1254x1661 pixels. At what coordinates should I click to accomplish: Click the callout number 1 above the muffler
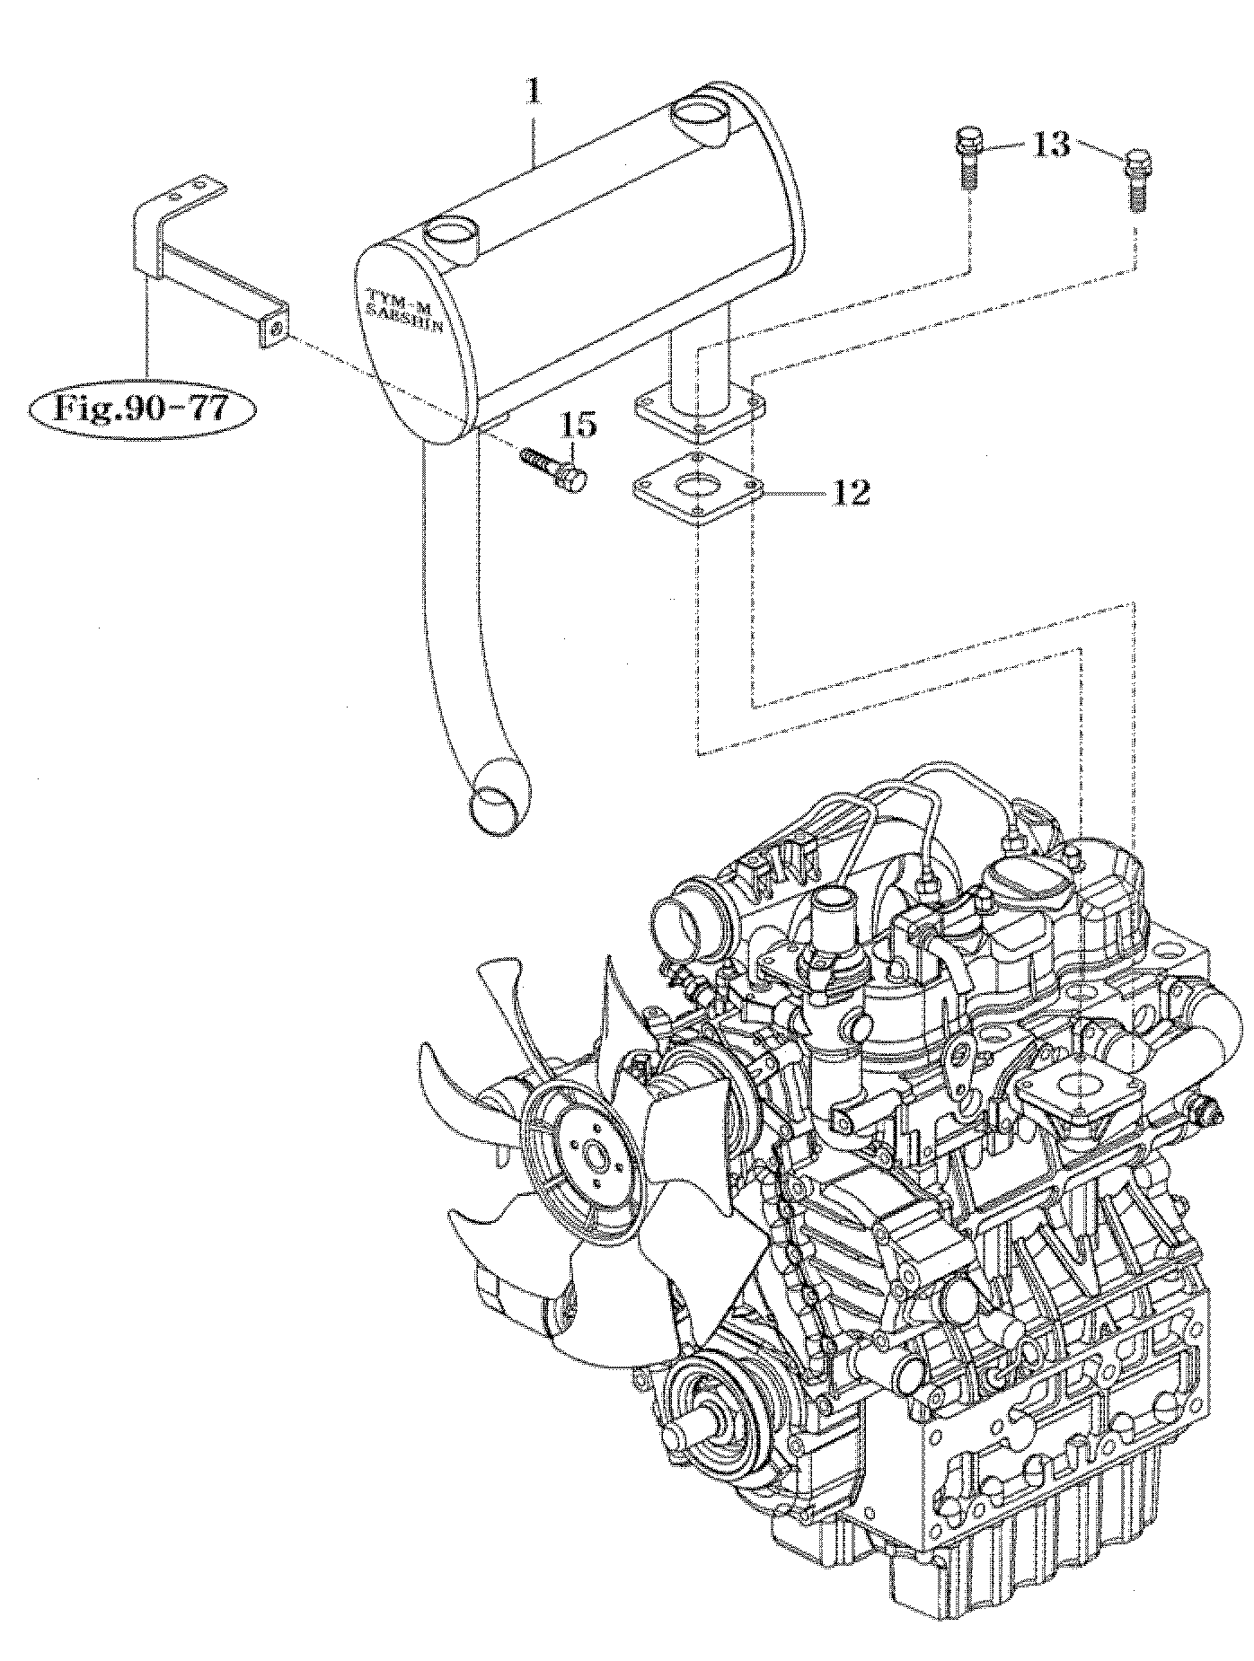(534, 92)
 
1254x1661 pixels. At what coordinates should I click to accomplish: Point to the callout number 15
(580, 425)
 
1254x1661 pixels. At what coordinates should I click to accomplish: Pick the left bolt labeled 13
(967, 159)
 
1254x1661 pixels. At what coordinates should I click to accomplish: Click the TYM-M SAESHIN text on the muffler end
(406, 311)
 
